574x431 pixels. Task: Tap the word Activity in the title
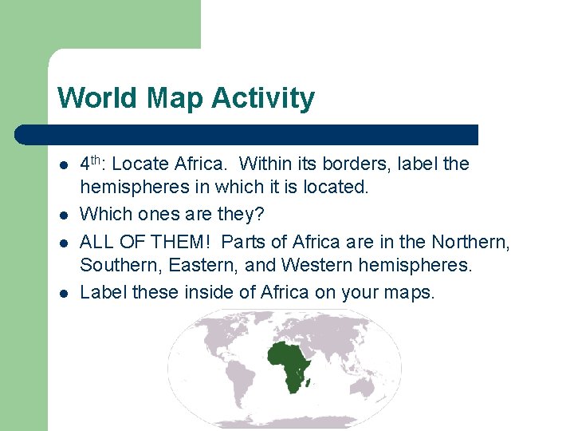[x=263, y=99]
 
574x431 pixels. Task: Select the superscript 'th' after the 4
[x=101, y=159]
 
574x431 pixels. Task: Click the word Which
[x=104, y=214]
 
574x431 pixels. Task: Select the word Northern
[x=470, y=241]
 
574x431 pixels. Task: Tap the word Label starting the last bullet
[x=104, y=291]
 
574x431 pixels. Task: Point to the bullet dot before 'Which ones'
[x=63, y=215]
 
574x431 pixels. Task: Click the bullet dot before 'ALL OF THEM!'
[x=63, y=241]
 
